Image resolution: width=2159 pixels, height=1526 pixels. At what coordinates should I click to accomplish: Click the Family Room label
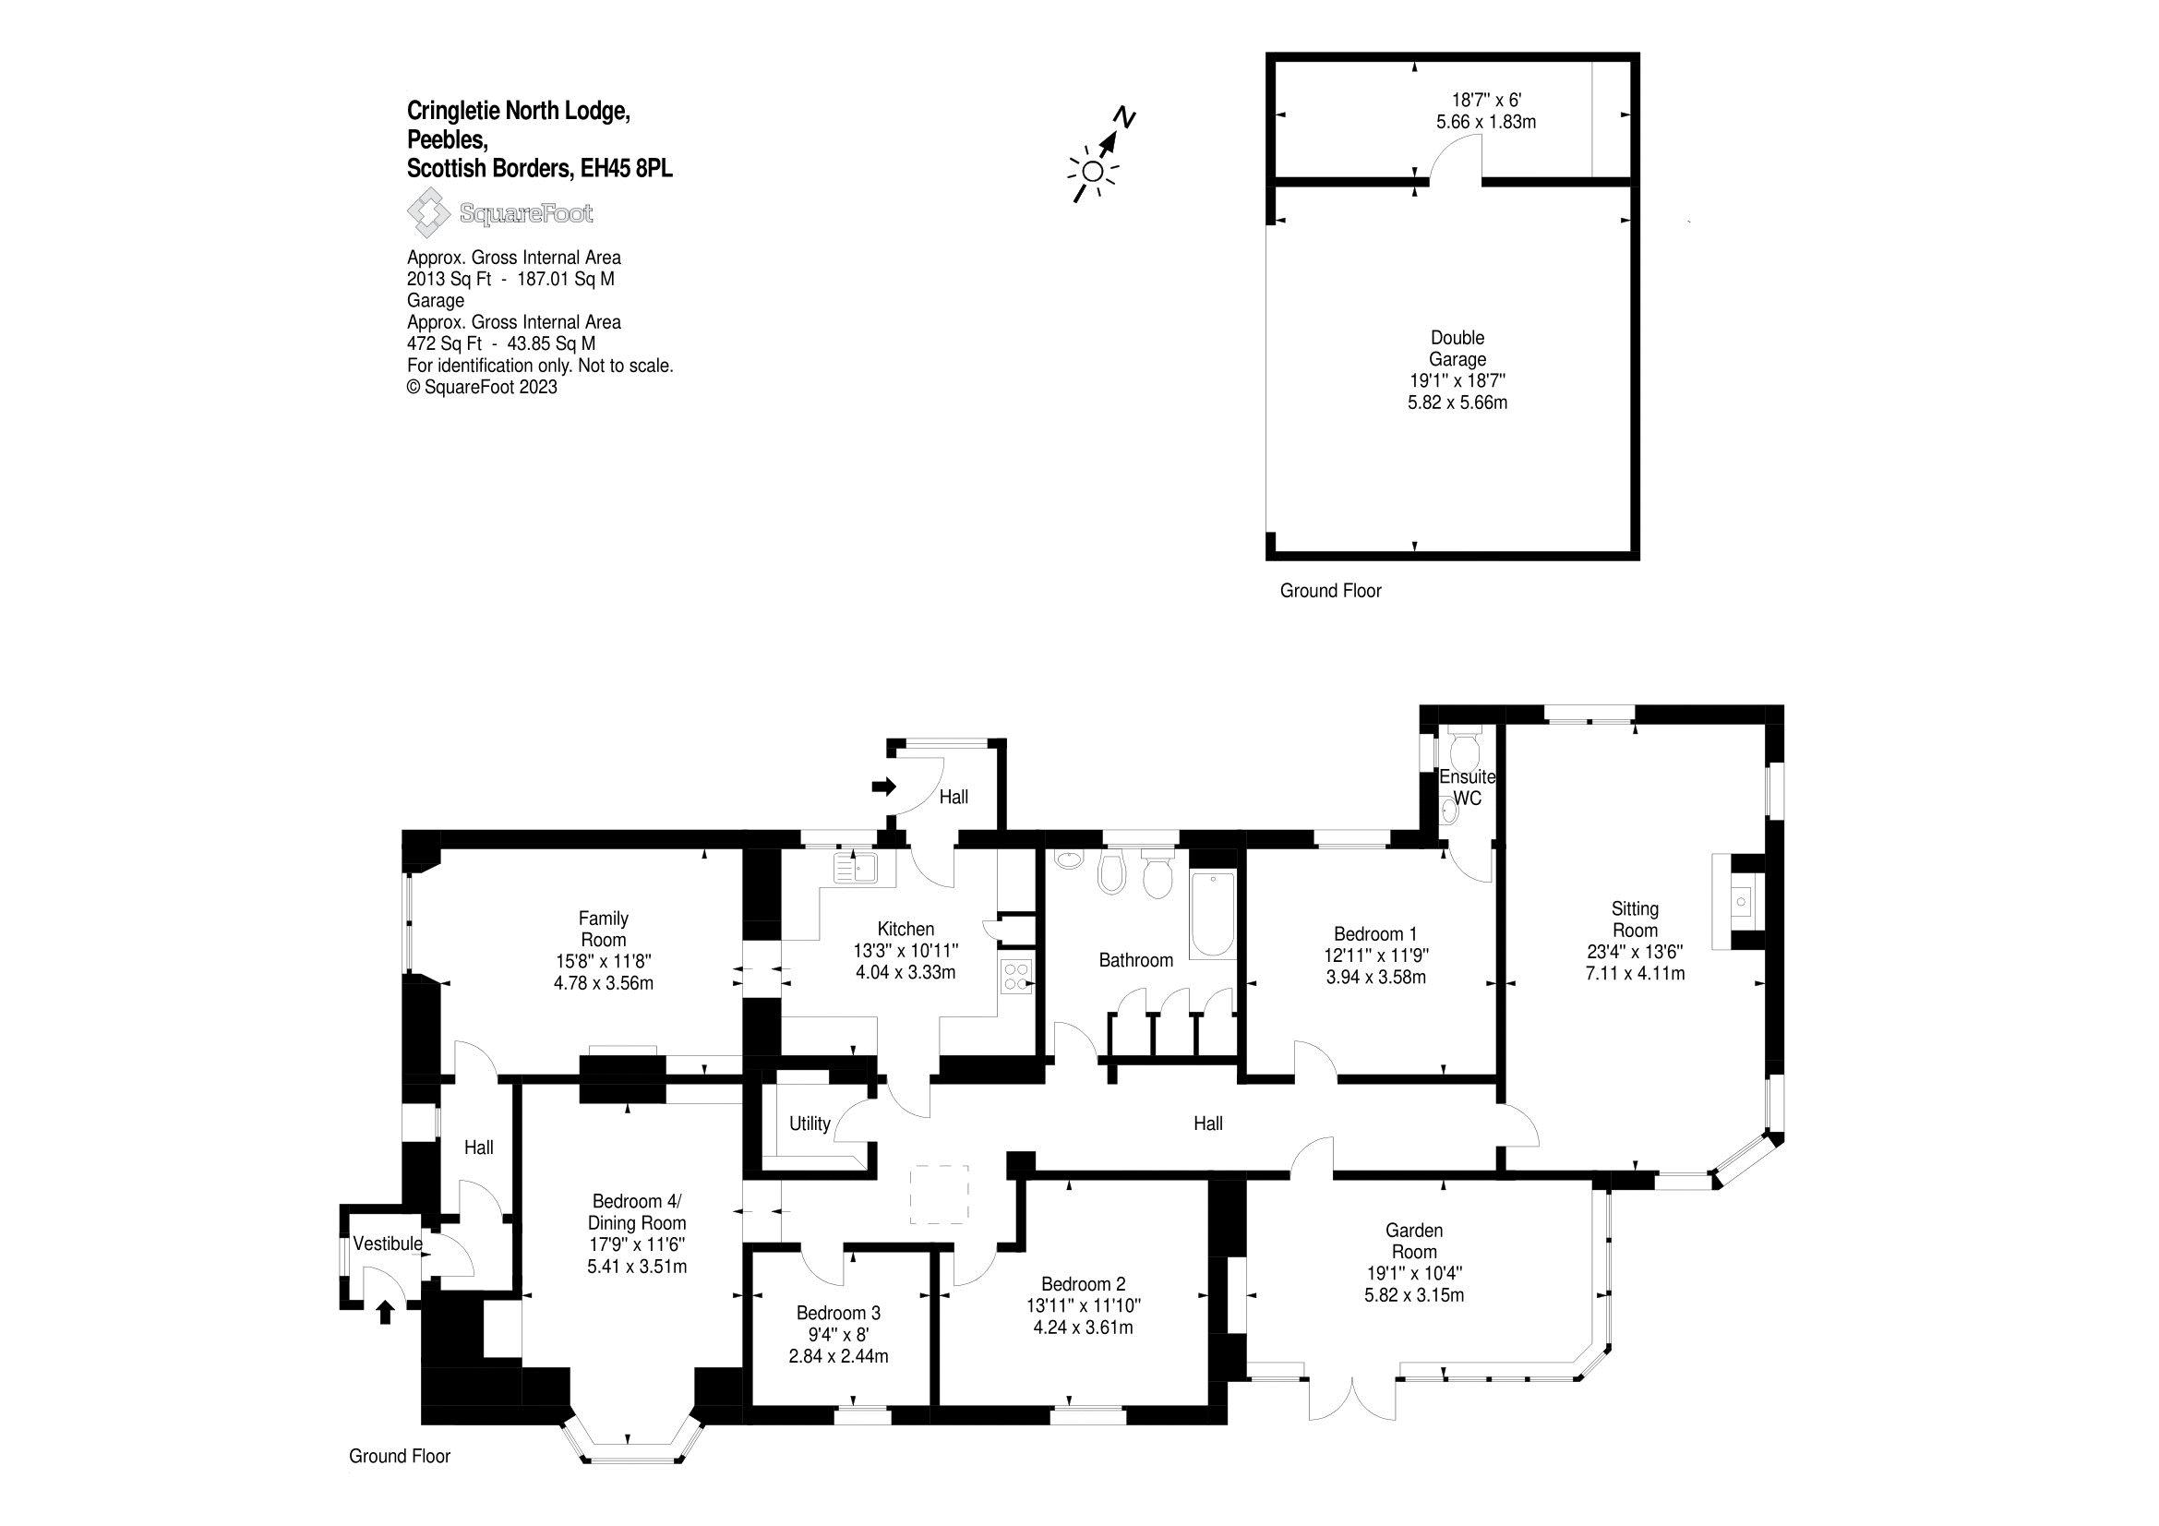point(603,929)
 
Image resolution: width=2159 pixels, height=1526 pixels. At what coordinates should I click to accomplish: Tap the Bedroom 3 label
point(838,1313)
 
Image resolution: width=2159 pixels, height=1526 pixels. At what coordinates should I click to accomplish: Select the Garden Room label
point(1413,1240)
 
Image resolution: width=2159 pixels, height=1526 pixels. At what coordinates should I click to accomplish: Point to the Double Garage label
point(1457,348)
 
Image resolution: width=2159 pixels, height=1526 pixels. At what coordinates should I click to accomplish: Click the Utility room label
point(810,1123)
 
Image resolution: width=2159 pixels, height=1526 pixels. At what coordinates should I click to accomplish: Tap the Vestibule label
point(388,1244)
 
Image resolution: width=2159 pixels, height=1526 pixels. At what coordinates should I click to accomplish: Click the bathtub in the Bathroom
point(1211,915)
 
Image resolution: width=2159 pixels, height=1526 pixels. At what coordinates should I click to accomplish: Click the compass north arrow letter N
point(1124,117)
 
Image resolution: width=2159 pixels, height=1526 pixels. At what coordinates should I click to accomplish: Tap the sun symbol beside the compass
point(1093,171)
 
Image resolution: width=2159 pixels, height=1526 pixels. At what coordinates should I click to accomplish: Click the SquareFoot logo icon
point(428,212)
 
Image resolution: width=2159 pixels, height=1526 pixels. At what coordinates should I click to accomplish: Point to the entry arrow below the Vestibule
point(384,1312)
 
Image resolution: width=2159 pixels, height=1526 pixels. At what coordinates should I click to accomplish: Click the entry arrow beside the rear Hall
point(884,787)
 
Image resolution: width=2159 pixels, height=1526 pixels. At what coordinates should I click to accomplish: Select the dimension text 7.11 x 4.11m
point(1635,973)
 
